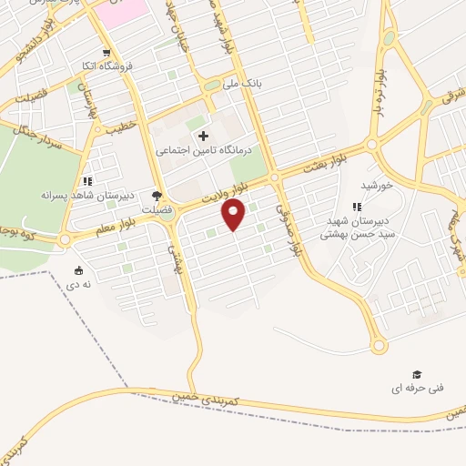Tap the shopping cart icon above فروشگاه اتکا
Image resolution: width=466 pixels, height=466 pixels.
pos(106,53)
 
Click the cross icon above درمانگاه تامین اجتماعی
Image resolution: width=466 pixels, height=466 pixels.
pos(202,136)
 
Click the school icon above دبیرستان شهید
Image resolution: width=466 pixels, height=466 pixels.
pos(358,207)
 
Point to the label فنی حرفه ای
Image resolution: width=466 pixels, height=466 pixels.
pos(418,388)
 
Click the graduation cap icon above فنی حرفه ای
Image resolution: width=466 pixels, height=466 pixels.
pos(417,374)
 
